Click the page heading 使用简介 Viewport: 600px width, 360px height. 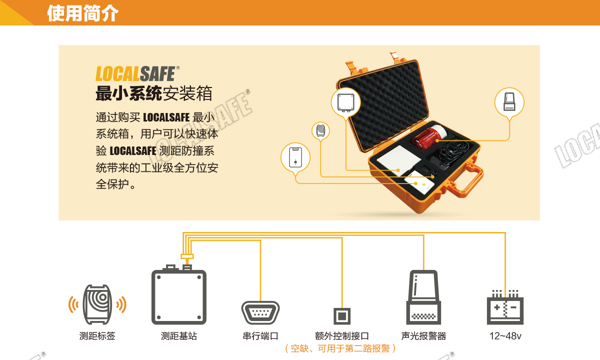tap(83, 13)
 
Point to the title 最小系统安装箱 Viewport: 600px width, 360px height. tap(154, 93)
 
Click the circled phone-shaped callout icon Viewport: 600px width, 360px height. tap(295, 157)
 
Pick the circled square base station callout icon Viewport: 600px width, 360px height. tap(346, 102)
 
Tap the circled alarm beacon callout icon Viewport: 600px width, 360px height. tap(509, 102)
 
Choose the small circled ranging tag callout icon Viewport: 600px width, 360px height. tap(320, 130)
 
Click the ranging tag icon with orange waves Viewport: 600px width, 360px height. tap(97, 304)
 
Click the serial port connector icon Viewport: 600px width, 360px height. tap(260, 312)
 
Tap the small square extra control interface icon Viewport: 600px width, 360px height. tap(342, 316)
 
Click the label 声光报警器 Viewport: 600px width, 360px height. tap(423, 336)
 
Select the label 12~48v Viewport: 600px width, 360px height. tap(505, 336)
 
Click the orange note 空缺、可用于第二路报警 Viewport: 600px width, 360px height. tap(340, 348)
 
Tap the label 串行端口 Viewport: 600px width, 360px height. tap(260, 336)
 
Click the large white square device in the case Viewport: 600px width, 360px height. tap(399, 160)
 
